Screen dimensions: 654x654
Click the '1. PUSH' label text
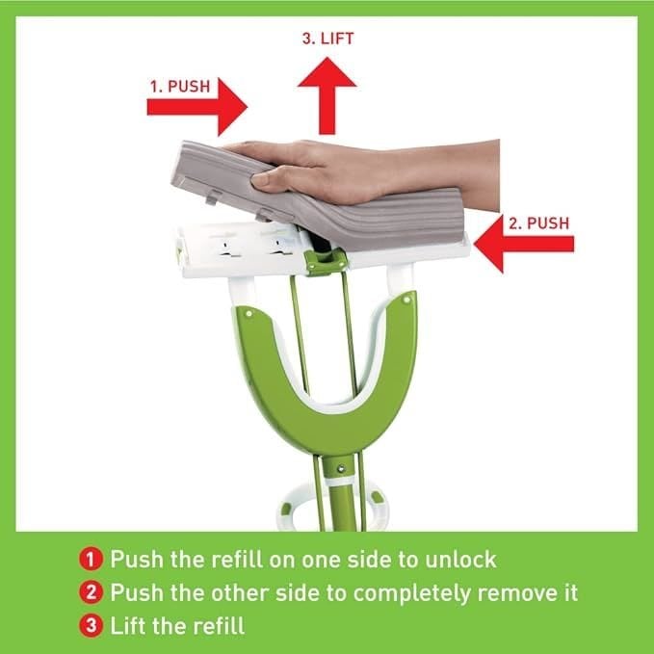(x=180, y=87)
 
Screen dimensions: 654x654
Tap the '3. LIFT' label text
(x=327, y=39)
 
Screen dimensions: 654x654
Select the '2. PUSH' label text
(x=538, y=223)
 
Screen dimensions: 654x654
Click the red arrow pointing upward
(x=327, y=96)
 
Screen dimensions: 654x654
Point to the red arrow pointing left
(x=524, y=244)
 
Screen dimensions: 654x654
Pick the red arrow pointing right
(x=197, y=107)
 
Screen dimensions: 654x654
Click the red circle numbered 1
(x=91, y=560)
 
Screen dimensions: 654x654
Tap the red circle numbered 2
(x=91, y=592)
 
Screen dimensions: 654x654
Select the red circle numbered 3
(x=91, y=626)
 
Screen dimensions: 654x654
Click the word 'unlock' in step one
(x=460, y=560)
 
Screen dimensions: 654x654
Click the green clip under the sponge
(x=325, y=262)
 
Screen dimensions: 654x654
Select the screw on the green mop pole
(x=341, y=469)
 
